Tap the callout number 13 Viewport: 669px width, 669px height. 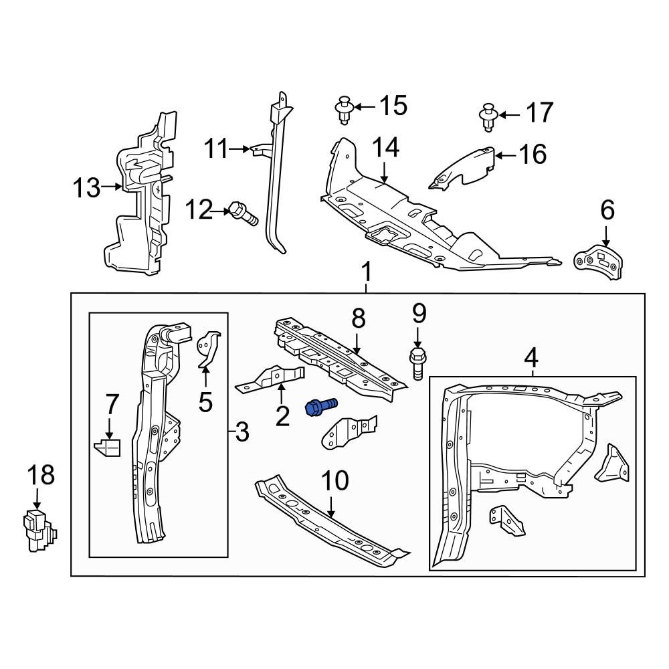pyautogui.click(x=86, y=188)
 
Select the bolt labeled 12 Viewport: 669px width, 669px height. pyautogui.click(x=243, y=213)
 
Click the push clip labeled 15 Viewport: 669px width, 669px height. pyautogui.click(x=345, y=110)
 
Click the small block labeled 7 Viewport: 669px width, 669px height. pyautogui.click(x=108, y=447)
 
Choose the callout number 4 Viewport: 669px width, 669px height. pyautogui.click(x=531, y=358)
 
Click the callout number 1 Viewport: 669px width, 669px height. pyautogui.click(x=366, y=272)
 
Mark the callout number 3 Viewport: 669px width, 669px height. pyautogui.click(x=242, y=433)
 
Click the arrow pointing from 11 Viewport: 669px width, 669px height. pyautogui.click(x=240, y=149)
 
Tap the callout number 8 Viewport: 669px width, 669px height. pyautogui.click(x=359, y=319)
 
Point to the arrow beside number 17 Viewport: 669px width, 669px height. pyautogui.click(x=508, y=116)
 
